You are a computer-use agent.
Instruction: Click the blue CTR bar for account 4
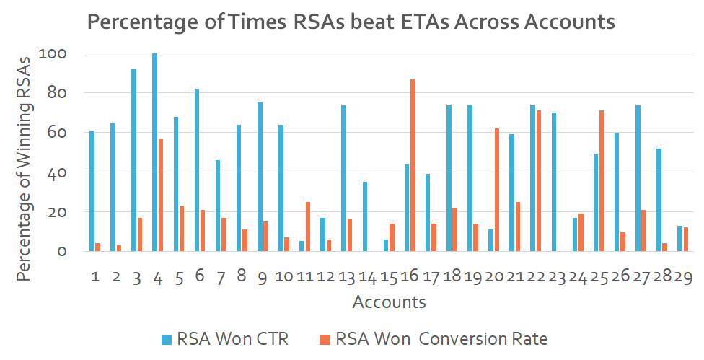(155, 152)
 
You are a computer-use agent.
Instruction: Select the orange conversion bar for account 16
(413, 165)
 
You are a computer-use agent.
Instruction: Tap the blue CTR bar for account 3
(134, 160)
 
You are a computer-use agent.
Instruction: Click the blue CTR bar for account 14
(365, 216)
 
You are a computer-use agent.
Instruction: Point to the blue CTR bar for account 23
(554, 182)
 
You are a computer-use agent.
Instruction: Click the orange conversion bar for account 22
(539, 181)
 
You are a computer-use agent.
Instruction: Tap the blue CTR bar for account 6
(197, 170)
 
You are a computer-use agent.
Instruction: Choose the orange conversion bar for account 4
(161, 195)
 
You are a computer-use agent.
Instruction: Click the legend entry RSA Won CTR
(224, 338)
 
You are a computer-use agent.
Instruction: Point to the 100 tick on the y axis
(58, 53)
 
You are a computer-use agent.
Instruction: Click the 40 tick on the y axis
(61, 172)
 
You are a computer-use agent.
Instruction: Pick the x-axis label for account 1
(94, 277)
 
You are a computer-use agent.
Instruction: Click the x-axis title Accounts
(389, 302)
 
